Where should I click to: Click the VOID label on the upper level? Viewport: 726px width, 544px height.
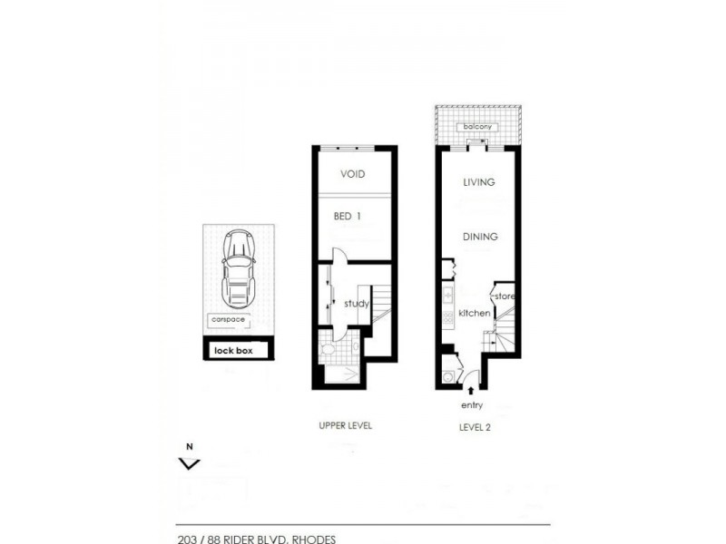[x=352, y=174]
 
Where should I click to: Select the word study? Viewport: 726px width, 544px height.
[x=357, y=304]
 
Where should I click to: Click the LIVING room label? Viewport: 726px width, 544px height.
[x=478, y=182]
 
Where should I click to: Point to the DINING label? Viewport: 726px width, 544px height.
[x=480, y=237]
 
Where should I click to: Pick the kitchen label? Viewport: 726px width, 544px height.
[x=474, y=313]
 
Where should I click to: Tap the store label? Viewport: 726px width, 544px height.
[x=505, y=296]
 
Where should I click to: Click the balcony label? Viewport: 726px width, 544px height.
[x=476, y=127]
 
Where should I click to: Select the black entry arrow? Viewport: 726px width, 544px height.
[x=471, y=389]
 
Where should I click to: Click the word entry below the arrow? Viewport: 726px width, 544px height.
[x=471, y=404]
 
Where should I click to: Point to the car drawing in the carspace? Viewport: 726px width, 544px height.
[x=238, y=268]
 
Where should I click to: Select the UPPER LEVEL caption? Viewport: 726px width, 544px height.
[x=345, y=425]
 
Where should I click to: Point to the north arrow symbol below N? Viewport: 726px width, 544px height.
[x=189, y=463]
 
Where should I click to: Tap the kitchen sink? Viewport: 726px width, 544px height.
[x=447, y=295]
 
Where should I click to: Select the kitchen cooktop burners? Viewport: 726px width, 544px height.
[x=447, y=318]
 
